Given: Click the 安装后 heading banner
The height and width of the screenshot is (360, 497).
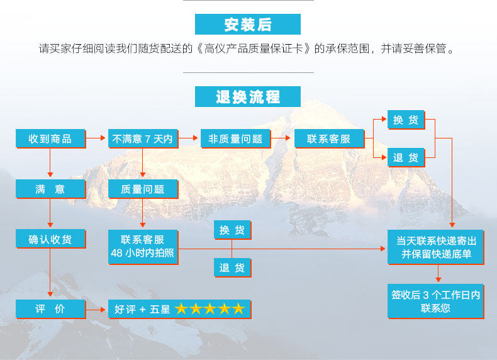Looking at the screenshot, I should [x=248, y=25].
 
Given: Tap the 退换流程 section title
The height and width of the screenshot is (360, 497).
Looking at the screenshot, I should [x=248, y=97].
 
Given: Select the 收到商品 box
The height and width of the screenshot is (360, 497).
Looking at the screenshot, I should [x=50, y=139].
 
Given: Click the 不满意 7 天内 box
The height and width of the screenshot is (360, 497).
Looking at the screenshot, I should [x=142, y=139].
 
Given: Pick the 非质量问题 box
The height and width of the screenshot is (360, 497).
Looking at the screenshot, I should [x=235, y=139].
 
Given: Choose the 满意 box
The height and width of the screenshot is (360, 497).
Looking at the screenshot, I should [x=50, y=189].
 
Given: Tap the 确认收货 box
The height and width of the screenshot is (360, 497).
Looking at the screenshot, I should [x=50, y=239].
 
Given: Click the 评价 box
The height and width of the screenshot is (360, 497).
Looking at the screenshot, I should [x=50, y=309].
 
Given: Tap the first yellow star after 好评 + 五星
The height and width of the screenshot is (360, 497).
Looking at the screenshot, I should [x=182, y=309].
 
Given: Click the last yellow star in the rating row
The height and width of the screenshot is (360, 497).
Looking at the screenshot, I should [x=238, y=309].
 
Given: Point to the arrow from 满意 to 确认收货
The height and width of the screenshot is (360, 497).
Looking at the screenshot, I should [x=50, y=215].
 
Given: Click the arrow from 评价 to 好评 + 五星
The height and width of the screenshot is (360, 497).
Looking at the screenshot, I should [x=96, y=309].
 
